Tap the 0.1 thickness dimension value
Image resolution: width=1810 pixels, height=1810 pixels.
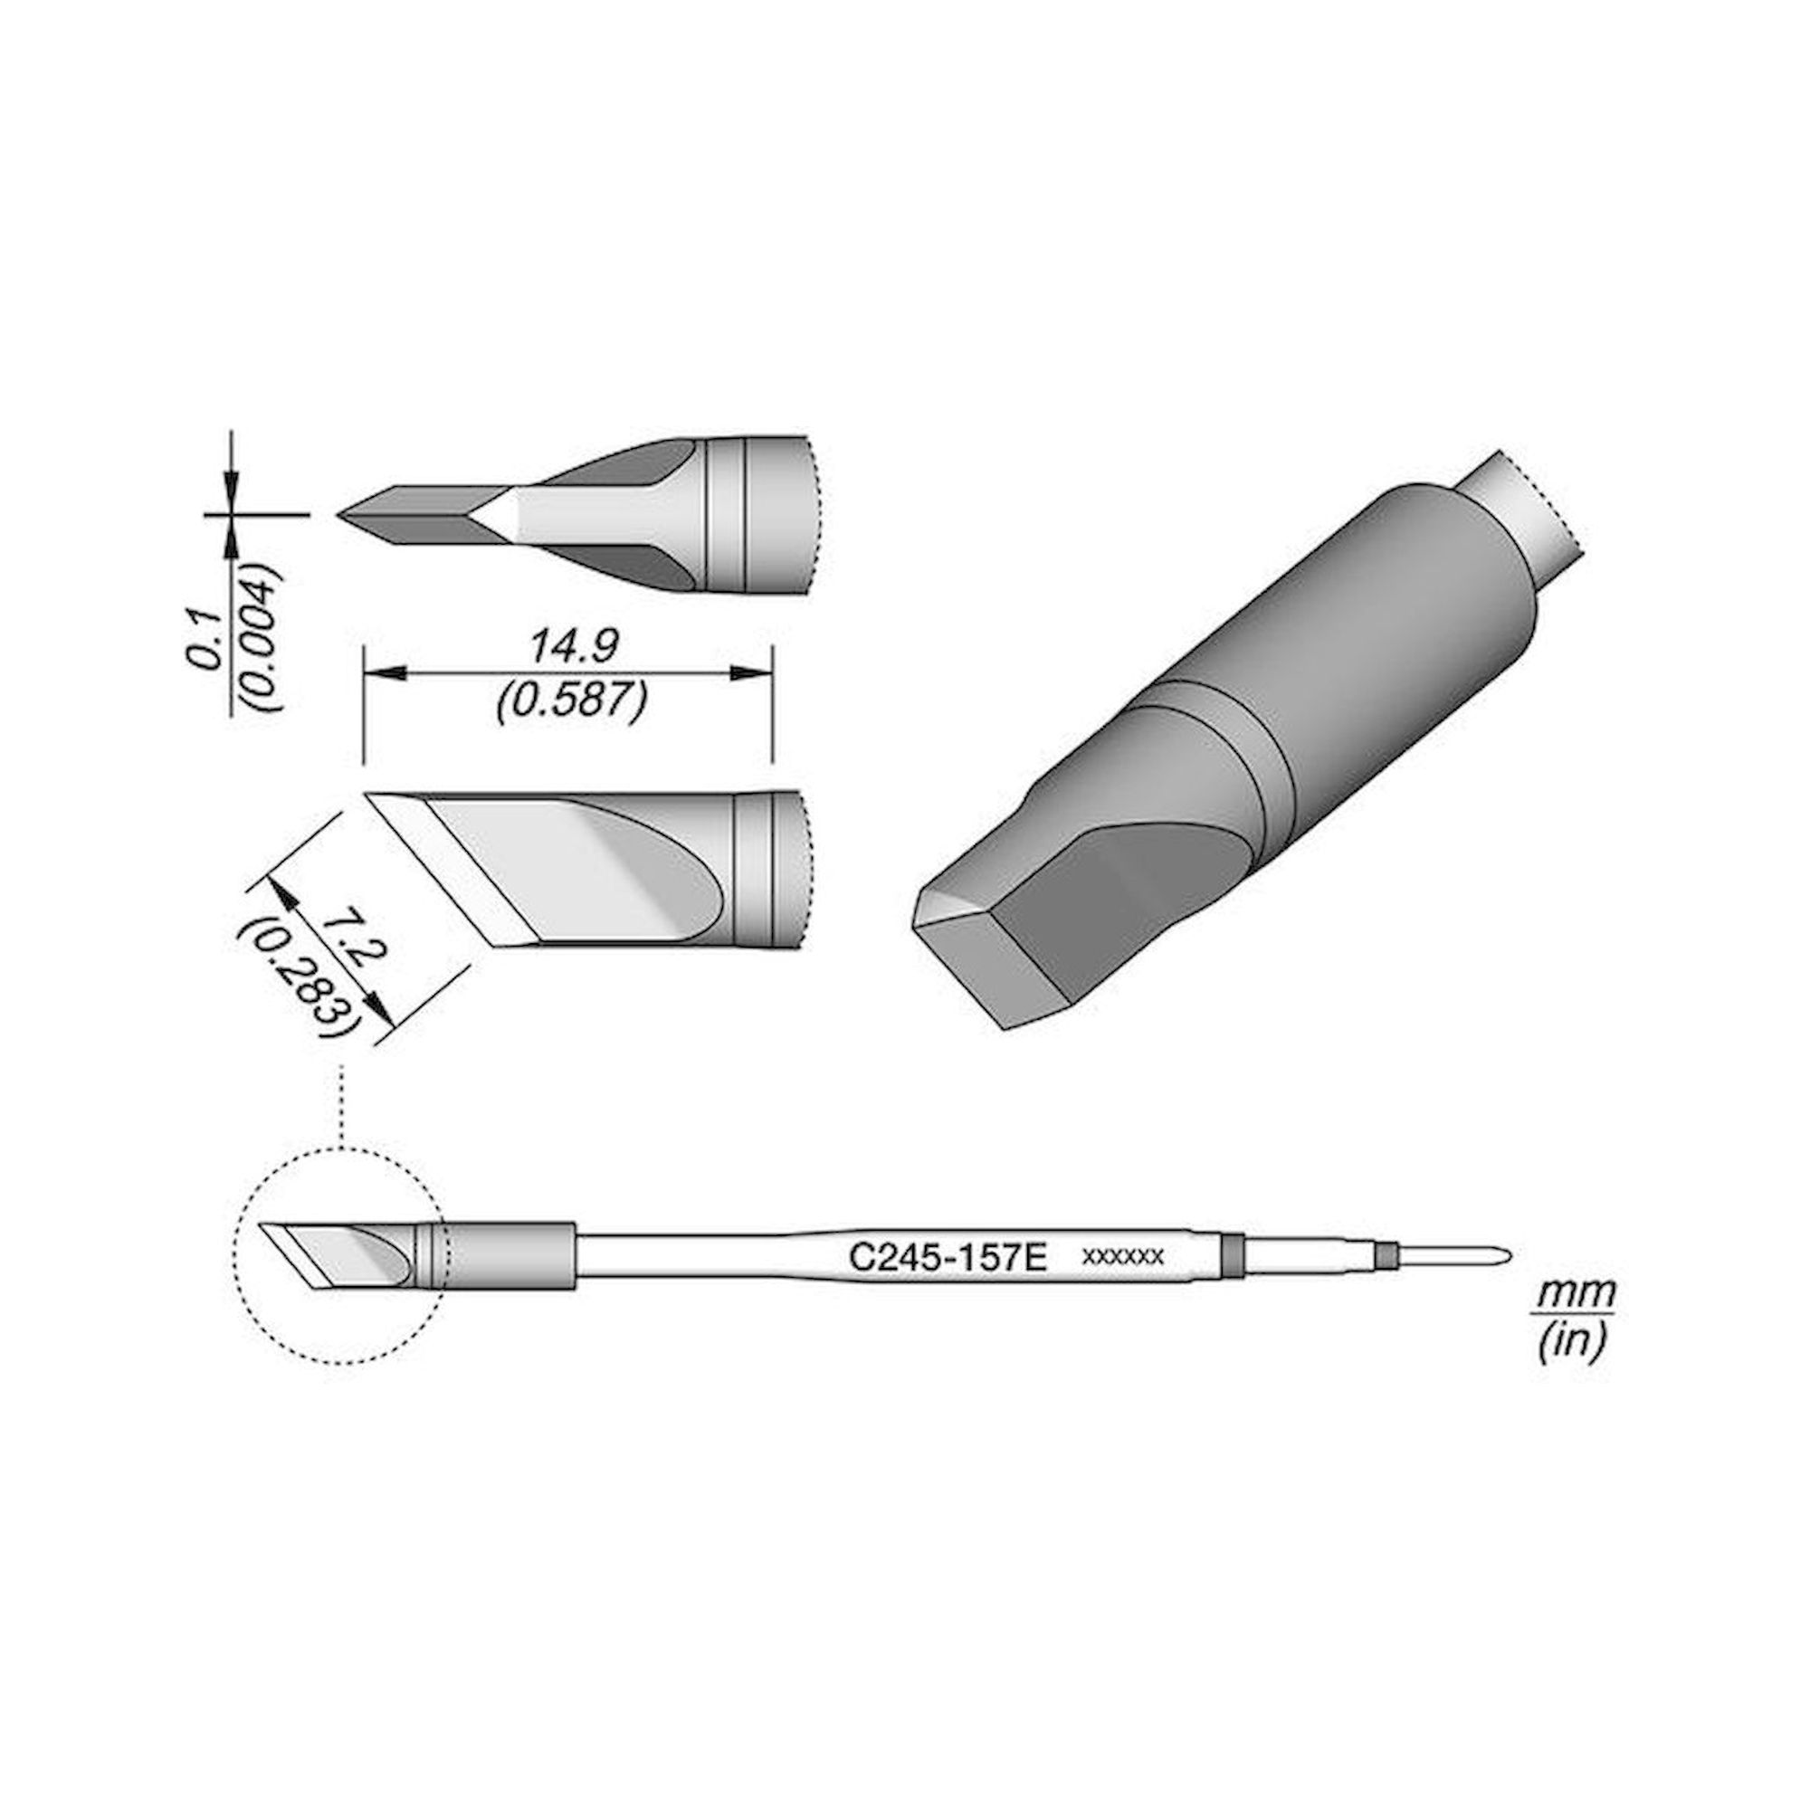pyautogui.click(x=204, y=643)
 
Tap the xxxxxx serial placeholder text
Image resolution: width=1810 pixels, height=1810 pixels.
pyautogui.click(x=1122, y=1257)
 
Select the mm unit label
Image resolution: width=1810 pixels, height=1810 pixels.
pyautogui.click(x=1574, y=1294)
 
